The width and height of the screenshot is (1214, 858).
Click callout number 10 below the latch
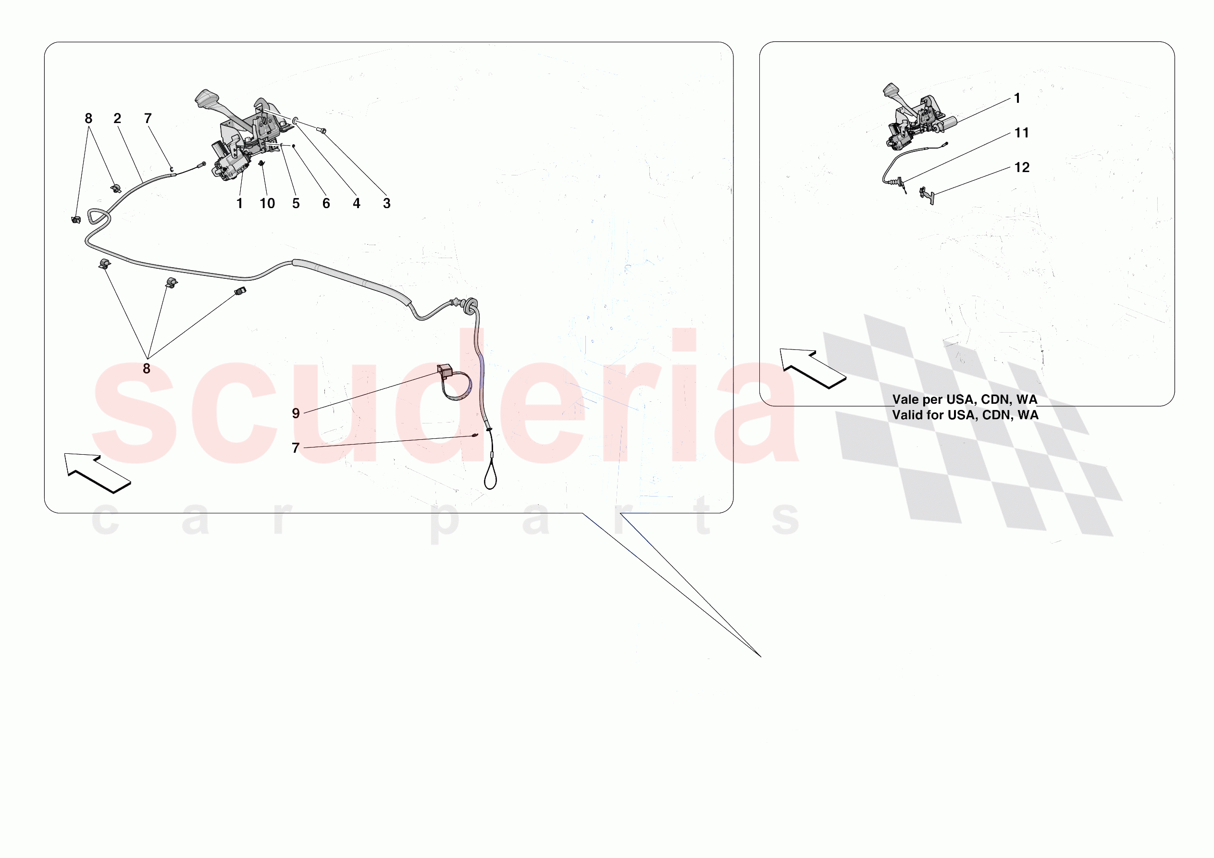click(267, 204)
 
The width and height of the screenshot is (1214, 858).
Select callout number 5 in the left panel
click(296, 204)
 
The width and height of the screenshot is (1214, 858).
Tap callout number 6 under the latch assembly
click(326, 204)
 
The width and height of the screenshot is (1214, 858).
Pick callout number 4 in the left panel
click(357, 204)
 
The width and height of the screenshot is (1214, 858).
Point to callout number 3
click(387, 204)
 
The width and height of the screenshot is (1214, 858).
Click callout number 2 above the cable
click(117, 119)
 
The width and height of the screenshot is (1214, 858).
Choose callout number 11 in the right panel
click(1022, 133)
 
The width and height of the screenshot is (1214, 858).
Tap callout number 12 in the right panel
click(1022, 168)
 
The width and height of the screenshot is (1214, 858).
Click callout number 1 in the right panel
click(1017, 99)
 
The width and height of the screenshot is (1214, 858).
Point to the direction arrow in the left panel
click(96, 472)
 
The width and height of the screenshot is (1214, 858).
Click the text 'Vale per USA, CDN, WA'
click(965, 400)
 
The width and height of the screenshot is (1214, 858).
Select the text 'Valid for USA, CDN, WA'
click(966, 415)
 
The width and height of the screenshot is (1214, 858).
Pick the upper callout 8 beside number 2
click(88, 119)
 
